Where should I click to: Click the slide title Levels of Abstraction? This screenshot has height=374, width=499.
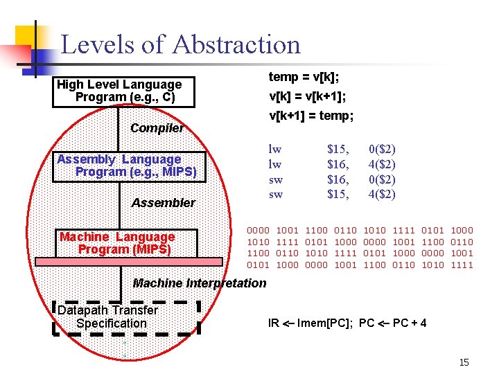click(181, 45)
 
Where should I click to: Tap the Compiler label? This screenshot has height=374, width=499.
click(157, 128)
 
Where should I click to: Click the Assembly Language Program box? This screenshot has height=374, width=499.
click(130, 166)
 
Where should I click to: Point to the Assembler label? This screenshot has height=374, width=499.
click(164, 203)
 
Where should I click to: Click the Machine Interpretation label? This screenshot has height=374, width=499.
click(199, 283)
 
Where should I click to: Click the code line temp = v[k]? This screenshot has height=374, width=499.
click(304, 78)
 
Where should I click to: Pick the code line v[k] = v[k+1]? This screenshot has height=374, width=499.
click(308, 97)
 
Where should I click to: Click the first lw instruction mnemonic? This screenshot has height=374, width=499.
click(275, 149)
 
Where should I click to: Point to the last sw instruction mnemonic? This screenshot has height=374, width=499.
click(275, 195)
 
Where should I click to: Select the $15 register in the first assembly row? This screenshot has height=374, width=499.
click(338, 149)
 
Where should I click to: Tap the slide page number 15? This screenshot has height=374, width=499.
click(464, 362)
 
